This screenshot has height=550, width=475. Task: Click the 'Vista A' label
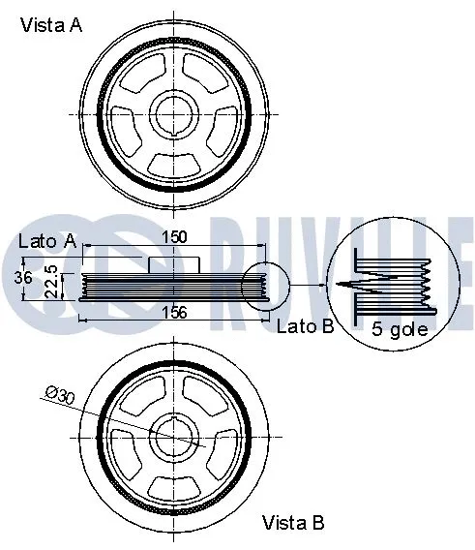[x=51, y=26]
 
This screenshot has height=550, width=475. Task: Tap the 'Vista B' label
[x=294, y=523]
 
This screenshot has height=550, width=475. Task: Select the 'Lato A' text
[x=47, y=240]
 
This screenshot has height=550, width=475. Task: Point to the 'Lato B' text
[x=305, y=326]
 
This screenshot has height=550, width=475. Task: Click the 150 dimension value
[x=173, y=237]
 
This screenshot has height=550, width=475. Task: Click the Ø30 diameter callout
[x=60, y=393]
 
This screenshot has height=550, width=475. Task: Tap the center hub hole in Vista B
[x=175, y=440]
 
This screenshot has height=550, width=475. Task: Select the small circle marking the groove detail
[x=265, y=286]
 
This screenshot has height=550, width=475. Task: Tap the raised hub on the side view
[x=173, y=263]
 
